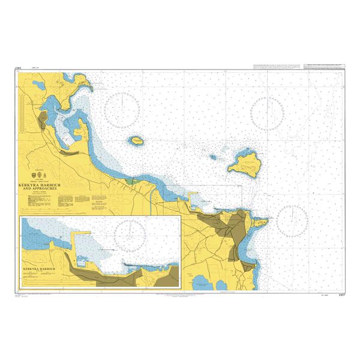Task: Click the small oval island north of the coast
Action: pos(137,141)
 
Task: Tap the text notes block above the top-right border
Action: pos(279,66)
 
